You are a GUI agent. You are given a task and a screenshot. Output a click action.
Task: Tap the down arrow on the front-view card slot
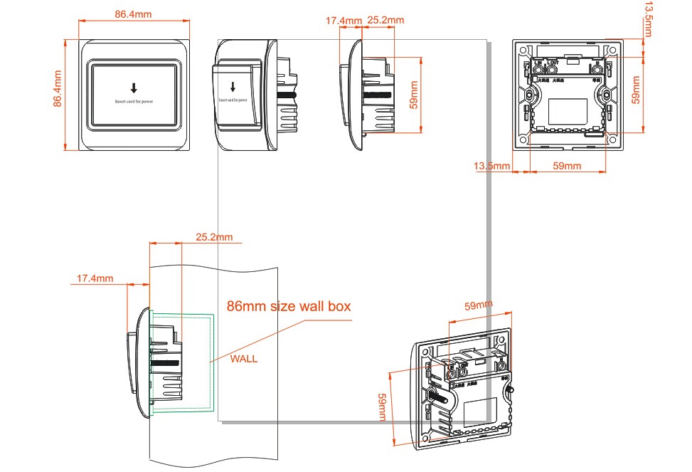pyautogui.click(x=133, y=88)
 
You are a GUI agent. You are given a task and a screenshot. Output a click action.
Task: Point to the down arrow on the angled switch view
pyautogui.click(x=231, y=86)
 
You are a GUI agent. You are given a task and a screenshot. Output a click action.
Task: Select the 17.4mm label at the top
pyautogui.click(x=344, y=21)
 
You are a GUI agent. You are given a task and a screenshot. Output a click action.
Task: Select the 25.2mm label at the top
pyautogui.click(x=385, y=20)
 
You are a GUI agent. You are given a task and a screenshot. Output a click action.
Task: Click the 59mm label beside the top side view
pyautogui.click(x=414, y=93)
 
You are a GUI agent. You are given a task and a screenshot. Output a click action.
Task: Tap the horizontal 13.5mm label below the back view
pyautogui.click(x=491, y=166)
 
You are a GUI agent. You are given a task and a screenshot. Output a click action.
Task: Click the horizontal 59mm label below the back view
pyautogui.click(x=567, y=166)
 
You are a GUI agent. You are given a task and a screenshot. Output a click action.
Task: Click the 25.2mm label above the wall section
pyautogui.click(x=213, y=236)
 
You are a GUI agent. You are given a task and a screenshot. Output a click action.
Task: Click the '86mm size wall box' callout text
pyautogui.click(x=289, y=307)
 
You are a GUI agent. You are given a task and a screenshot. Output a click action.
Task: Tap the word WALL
pyautogui.click(x=244, y=359)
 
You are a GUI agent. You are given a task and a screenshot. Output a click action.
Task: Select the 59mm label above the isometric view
pyautogui.click(x=479, y=306)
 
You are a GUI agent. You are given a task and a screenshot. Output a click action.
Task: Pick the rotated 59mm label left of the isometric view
pyautogui.click(x=382, y=407)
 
